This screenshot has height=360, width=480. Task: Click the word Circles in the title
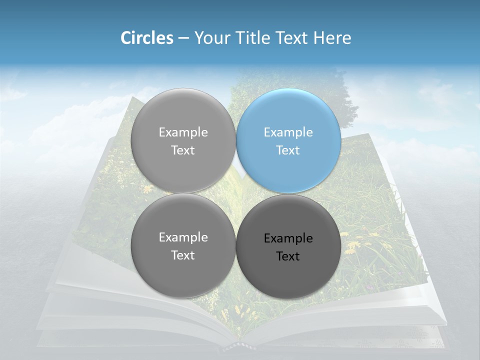146,38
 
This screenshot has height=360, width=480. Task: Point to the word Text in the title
291,38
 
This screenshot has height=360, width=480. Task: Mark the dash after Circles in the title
183,38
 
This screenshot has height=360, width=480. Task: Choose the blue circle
288,140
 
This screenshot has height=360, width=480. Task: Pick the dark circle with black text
288,246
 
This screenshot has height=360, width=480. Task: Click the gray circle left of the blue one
183,140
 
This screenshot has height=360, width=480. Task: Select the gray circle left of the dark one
183,246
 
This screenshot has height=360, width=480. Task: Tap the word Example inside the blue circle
288,132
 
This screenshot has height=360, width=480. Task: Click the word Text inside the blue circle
288,150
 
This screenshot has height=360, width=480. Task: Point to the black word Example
288,238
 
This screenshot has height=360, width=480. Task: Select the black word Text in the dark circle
288,256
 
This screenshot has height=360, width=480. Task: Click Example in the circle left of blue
183,132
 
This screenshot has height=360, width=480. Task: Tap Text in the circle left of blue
183,150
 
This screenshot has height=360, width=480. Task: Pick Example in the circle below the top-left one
183,237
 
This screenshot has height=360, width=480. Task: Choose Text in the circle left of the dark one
183,255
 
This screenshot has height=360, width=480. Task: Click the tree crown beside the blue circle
345,95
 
